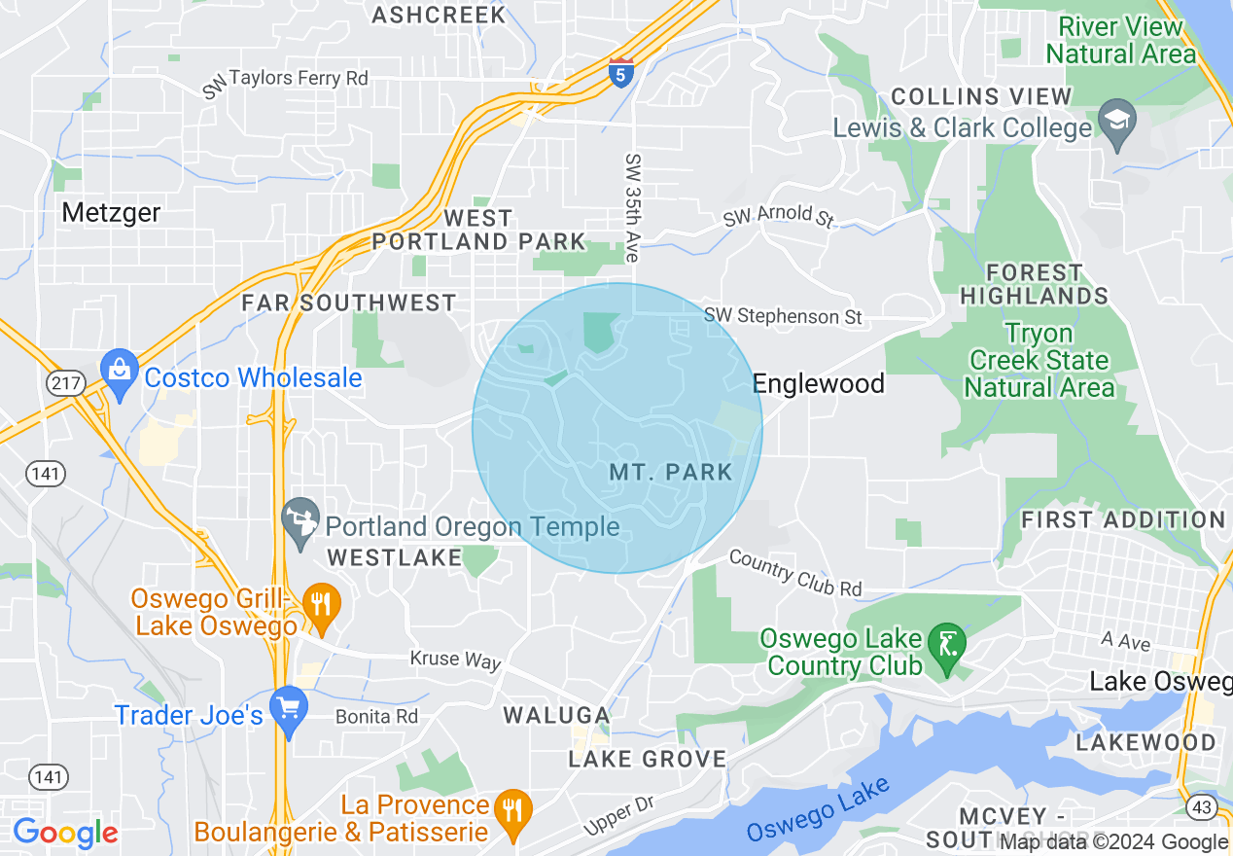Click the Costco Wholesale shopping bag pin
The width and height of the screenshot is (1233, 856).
click(120, 373)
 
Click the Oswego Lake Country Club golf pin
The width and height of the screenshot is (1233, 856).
click(945, 646)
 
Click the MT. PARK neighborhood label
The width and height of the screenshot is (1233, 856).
click(671, 473)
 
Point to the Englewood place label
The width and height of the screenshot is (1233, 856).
click(819, 384)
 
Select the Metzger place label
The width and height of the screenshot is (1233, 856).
click(111, 212)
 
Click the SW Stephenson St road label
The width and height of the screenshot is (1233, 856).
click(784, 316)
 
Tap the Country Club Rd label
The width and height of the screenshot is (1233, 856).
click(794, 573)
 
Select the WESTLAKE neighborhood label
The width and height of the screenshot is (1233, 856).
click(395, 558)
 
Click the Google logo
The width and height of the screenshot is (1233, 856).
click(65, 833)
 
